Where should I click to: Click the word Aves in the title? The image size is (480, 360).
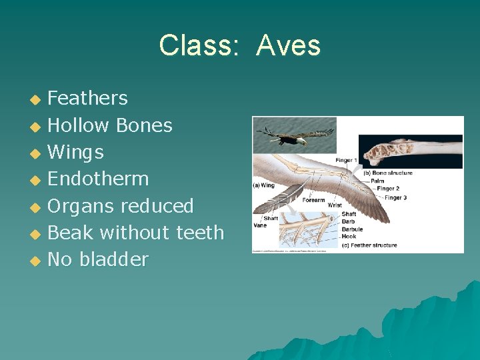(288, 46)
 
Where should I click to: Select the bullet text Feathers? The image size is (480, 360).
(87, 99)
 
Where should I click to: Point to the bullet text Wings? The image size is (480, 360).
(75, 153)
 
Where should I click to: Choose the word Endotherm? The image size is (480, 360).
(98, 179)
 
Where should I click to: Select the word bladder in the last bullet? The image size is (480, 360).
(113, 259)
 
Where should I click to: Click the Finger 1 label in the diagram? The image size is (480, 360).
(345, 160)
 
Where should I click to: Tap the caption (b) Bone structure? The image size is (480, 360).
(387, 173)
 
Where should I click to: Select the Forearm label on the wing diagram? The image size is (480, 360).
(313, 200)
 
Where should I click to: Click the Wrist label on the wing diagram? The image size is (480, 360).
(335, 205)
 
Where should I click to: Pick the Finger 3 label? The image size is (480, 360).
(396, 198)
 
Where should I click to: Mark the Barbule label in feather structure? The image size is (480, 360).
(351, 229)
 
